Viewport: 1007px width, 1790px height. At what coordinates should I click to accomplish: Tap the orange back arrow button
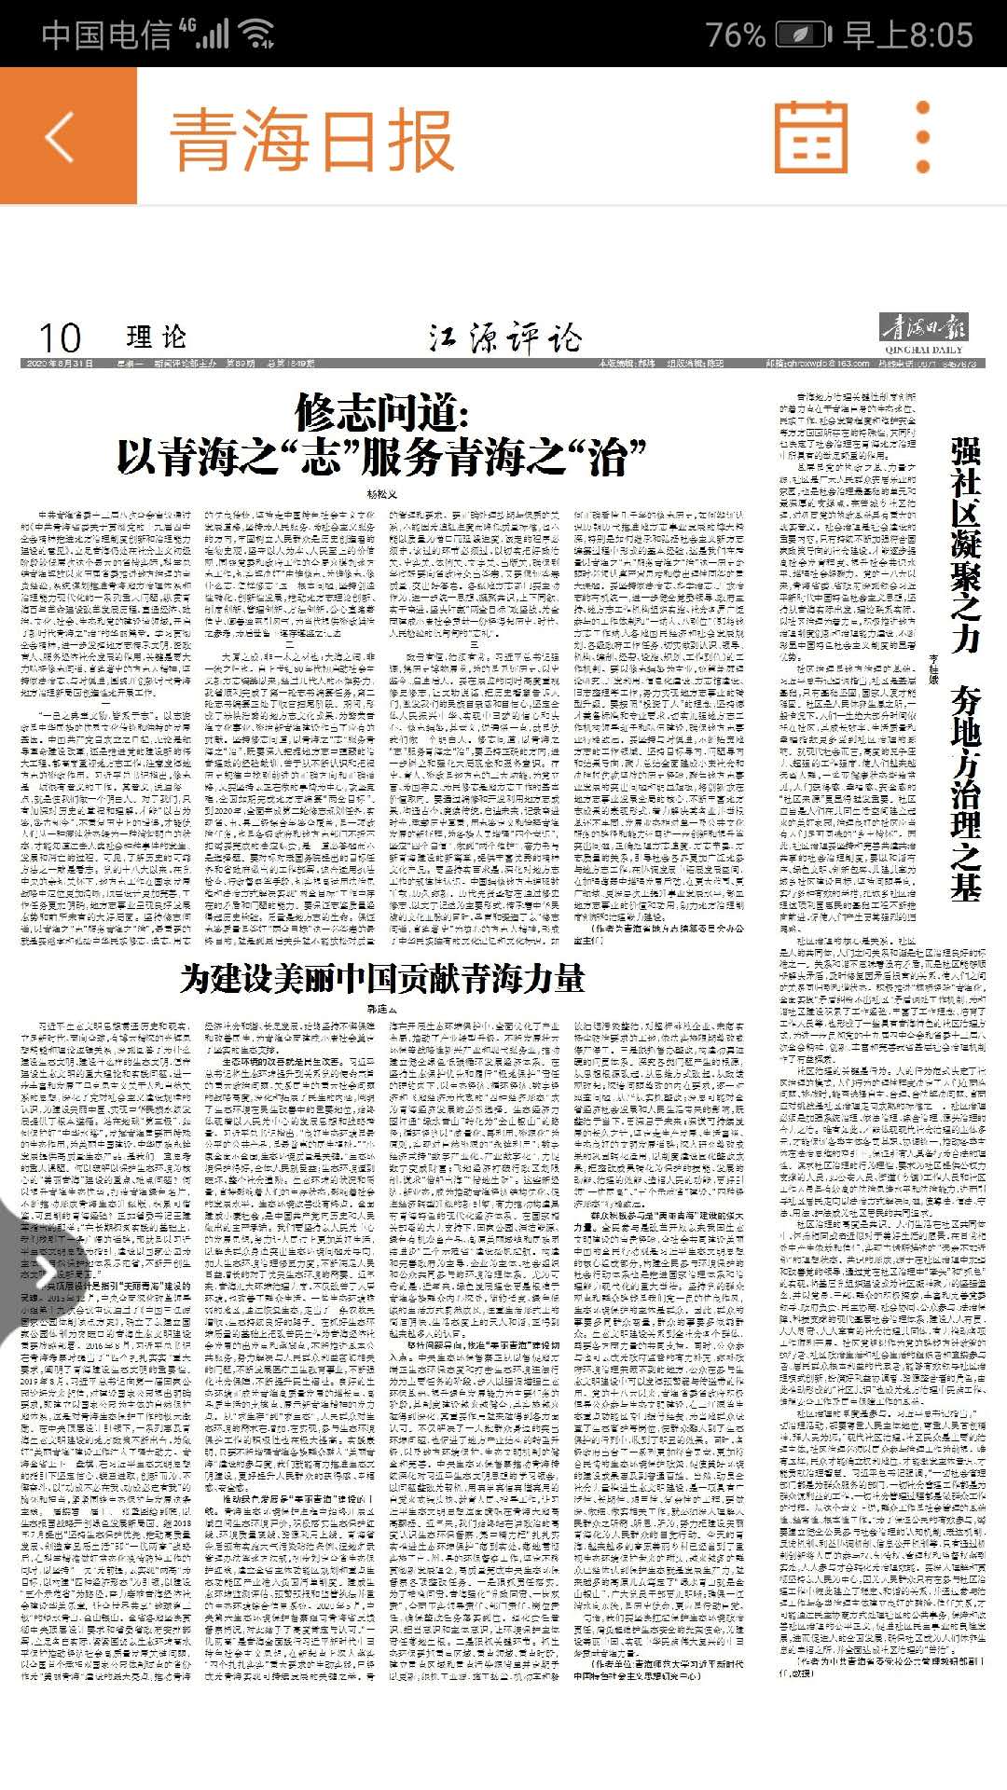coord(61,137)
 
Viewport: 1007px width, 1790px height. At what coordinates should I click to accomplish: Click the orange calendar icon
coord(811,137)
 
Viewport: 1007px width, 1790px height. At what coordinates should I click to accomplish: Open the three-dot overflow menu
coord(923,137)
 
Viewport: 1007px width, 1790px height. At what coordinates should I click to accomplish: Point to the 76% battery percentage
coord(736,35)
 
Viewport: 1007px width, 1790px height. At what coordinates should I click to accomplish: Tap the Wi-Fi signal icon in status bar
coord(256,35)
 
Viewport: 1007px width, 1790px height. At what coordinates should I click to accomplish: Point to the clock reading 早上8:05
coord(908,35)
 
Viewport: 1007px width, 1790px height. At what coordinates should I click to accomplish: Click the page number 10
coord(60,337)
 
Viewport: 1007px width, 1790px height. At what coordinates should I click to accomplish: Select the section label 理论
coord(157,337)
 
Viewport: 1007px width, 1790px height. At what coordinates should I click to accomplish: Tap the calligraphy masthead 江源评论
coord(504,337)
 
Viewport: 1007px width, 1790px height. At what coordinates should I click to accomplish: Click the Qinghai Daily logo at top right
coord(925,333)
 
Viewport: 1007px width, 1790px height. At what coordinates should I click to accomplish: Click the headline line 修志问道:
coord(381,411)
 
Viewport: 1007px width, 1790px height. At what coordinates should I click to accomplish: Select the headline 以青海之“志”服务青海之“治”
coord(381,458)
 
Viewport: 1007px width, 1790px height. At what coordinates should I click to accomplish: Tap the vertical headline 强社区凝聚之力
coord(965,545)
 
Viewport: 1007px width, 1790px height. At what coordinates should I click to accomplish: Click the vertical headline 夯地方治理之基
coord(965,797)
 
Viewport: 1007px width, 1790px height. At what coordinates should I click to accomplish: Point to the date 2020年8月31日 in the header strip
coord(60,364)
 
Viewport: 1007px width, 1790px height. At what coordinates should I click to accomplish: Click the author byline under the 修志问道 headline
coord(380,493)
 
